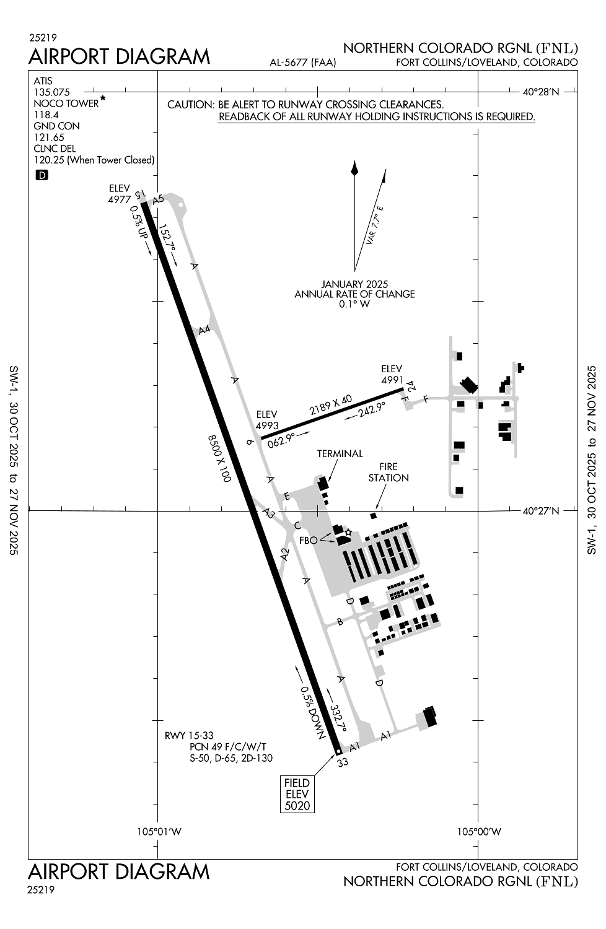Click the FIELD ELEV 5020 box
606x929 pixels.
(x=297, y=794)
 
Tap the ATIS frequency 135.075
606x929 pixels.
(x=52, y=92)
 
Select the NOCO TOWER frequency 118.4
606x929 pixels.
(x=46, y=115)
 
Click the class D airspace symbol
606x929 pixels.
(x=42, y=175)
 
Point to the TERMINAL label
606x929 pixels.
(x=340, y=454)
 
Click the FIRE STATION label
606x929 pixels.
(x=389, y=472)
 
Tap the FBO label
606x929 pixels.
(x=308, y=540)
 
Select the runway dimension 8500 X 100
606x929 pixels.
(x=219, y=458)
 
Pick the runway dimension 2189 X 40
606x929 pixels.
(x=331, y=405)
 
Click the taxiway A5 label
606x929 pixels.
(x=158, y=199)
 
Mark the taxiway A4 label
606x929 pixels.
(x=204, y=329)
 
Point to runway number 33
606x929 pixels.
(x=343, y=762)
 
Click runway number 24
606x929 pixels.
(x=411, y=386)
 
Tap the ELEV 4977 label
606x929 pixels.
(x=120, y=194)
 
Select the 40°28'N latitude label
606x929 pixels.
(x=540, y=92)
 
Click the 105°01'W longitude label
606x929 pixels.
(x=159, y=831)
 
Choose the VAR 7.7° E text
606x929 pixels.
(x=375, y=225)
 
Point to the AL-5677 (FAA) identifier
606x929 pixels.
(x=303, y=62)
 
